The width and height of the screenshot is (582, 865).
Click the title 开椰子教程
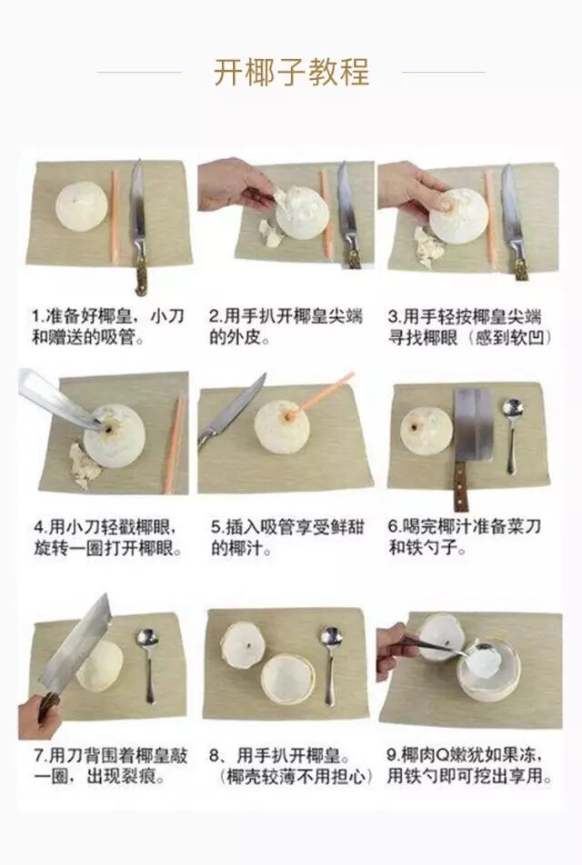pos(292,72)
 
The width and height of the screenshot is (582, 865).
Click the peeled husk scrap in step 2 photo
pos(271,234)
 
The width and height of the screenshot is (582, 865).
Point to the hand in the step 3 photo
pos(411,190)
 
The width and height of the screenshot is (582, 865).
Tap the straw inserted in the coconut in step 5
pos(320,394)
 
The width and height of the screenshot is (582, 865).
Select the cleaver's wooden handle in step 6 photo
pos(460,486)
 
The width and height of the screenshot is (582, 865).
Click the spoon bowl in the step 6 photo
pos(513,411)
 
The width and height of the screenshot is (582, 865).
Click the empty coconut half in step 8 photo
pos(288,678)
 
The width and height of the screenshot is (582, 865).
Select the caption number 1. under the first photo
pos(38,316)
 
